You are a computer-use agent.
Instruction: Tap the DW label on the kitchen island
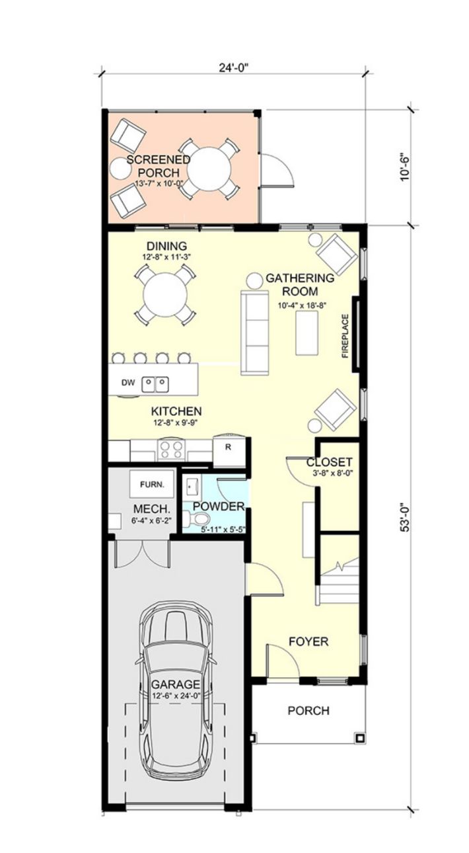128,383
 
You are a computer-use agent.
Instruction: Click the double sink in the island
155,385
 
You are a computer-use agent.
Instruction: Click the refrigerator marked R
228,451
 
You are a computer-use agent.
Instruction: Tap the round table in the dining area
165,295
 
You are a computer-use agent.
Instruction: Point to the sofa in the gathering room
254,333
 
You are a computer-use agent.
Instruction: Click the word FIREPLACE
345,336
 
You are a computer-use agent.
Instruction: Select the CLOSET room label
330,462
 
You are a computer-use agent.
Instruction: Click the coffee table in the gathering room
307,333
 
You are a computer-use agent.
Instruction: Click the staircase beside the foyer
338,583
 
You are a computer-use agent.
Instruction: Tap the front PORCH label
308,711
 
